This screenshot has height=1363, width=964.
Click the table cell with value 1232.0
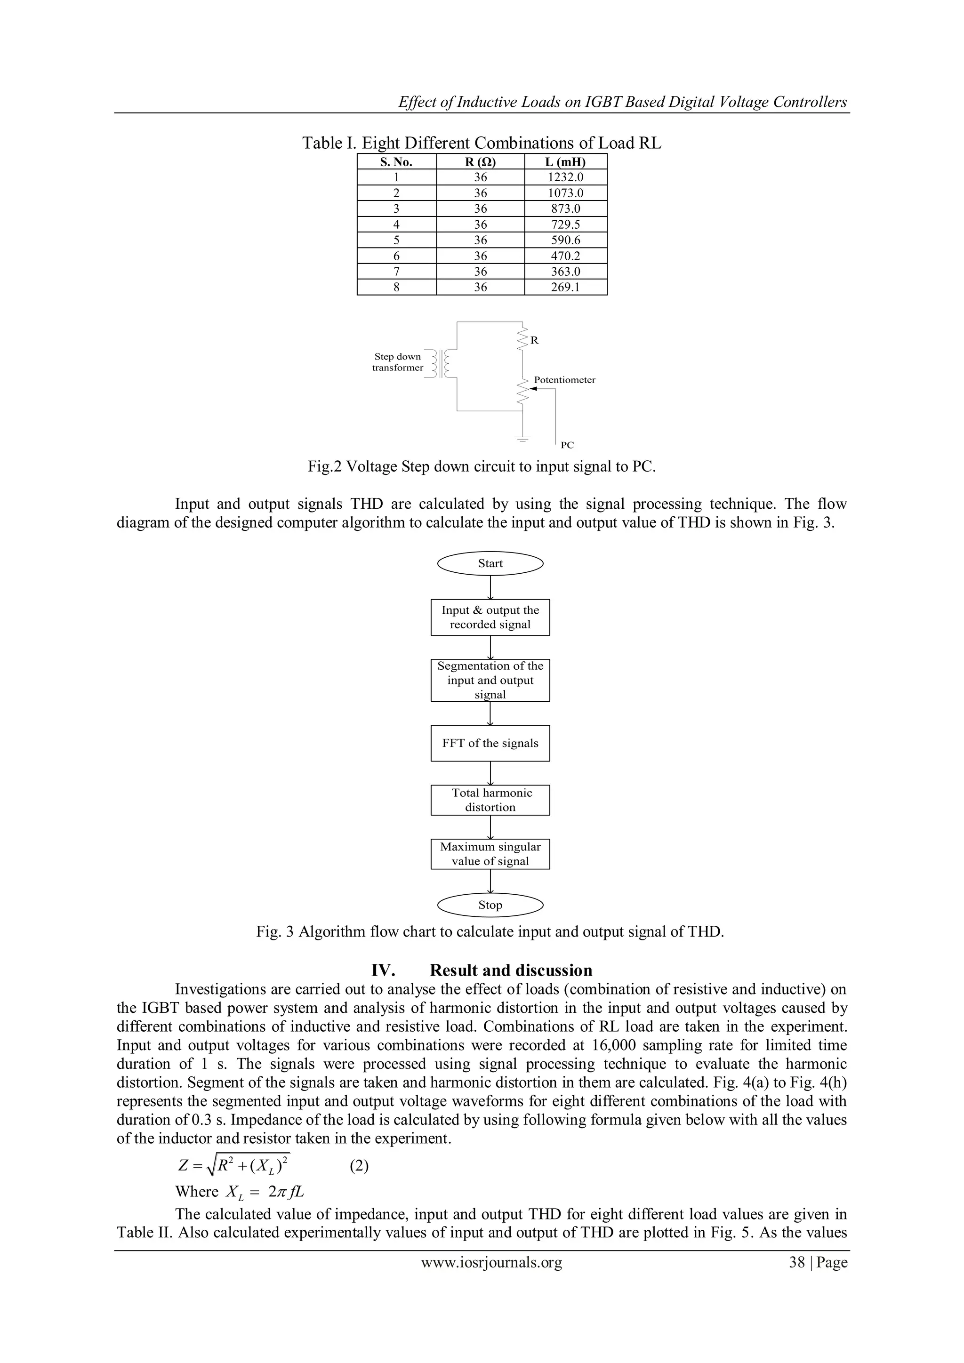tap(566, 177)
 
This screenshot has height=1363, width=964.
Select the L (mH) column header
tap(566, 161)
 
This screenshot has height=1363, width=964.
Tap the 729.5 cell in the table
tap(566, 224)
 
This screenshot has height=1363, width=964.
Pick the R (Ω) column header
tap(480, 161)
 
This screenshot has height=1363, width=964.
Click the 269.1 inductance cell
tap(566, 287)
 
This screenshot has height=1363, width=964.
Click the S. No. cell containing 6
tap(396, 256)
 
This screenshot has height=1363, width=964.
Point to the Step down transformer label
tap(397, 362)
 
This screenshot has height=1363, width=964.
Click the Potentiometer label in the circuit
tap(564, 380)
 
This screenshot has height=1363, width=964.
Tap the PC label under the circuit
tap(567, 445)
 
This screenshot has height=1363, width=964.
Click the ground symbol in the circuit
tap(522, 439)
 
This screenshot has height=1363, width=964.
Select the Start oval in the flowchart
tap(490, 563)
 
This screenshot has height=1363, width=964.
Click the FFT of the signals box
tap(490, 743)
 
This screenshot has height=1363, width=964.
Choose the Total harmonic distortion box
tap(490, 800)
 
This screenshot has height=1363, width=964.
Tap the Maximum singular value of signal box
tap(490, 854)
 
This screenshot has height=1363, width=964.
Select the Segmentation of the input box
tap(490, 680)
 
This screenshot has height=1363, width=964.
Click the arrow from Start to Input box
tap(490, 588)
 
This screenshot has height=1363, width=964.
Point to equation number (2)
tap(359, 1167)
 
